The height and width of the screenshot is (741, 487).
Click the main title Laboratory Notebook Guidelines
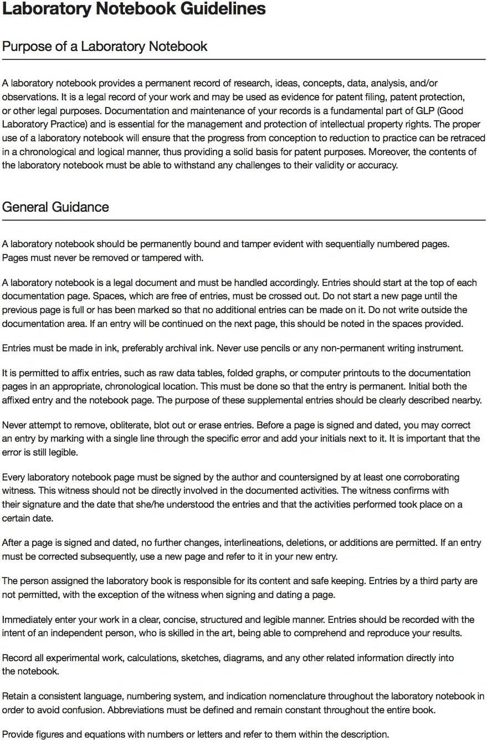coord(134,9)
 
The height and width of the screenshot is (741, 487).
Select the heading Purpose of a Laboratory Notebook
coord(105,46)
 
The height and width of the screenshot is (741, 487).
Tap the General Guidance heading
coord(55,207)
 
